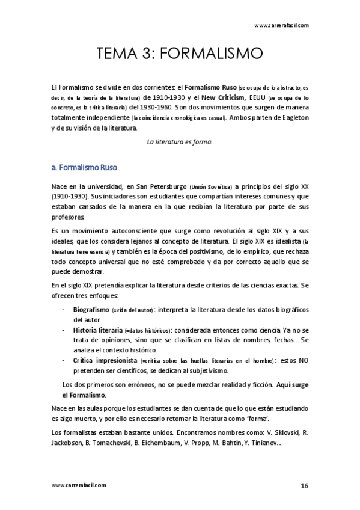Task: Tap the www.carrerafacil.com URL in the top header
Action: click(281, 25)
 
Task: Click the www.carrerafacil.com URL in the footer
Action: click(79, 485)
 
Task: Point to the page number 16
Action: click(304, 485)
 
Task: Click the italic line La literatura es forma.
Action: click(180, 142)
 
